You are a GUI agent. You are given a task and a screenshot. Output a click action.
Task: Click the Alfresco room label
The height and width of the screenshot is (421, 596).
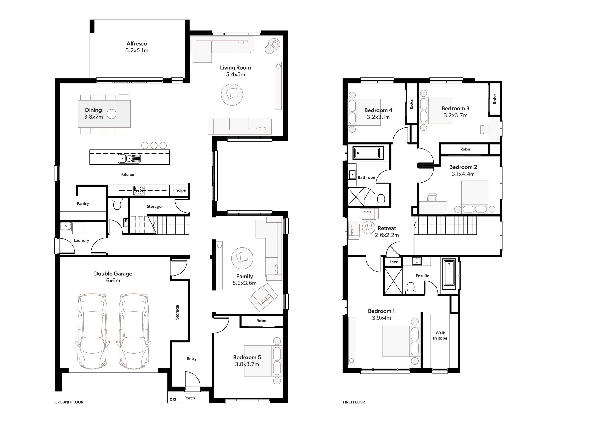pyautogui.click(x=137, y=43)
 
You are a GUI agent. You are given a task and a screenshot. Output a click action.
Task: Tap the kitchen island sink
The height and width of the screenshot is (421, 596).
pyautogui.click(x=129, y=158)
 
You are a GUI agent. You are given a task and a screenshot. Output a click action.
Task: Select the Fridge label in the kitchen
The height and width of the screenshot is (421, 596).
pyautogui.click(x=179, y=190)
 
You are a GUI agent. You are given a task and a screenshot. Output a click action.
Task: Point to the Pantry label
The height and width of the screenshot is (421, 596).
pyautogui.click(x=83, y=203)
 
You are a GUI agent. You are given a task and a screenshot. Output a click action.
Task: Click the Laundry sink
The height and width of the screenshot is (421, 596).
pyautogui.click(x=66, y=226)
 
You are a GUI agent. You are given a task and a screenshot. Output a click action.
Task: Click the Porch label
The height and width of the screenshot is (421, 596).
pyautogui.click(x=190, y=398)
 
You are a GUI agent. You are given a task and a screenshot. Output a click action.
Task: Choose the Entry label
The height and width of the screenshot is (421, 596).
pyautogui.click(x=192, y=358)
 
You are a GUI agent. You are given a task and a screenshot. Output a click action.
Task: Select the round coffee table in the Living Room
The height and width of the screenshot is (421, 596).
pyautogui.click(x=232, y=94)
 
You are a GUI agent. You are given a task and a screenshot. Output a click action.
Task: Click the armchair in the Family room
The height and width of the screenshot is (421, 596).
pyautogui.click(x=263, y=297)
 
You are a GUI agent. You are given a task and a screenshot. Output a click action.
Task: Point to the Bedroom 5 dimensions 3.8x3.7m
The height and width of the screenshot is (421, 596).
pyautogui.click(x=247, y=364)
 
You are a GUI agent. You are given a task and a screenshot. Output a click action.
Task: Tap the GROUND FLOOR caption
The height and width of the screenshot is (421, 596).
pyautogui.click(x=69, y=402)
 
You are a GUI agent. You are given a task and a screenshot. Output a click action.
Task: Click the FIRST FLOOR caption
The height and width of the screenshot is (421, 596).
pyautogui.click(x=354, y=402)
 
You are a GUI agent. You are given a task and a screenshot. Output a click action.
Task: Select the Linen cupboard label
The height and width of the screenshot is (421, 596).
pyautogui.click(x=393, y=262)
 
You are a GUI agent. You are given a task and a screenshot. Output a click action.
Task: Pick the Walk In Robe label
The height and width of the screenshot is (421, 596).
pyautogui.click(x=440, y=335)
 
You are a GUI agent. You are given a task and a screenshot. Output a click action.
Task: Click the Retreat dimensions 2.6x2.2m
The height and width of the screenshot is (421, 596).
pyautogui.click(x=387, y=235)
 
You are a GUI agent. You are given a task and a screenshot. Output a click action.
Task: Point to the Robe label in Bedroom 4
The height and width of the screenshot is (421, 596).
pyautogui.click(x=412, y=104)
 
